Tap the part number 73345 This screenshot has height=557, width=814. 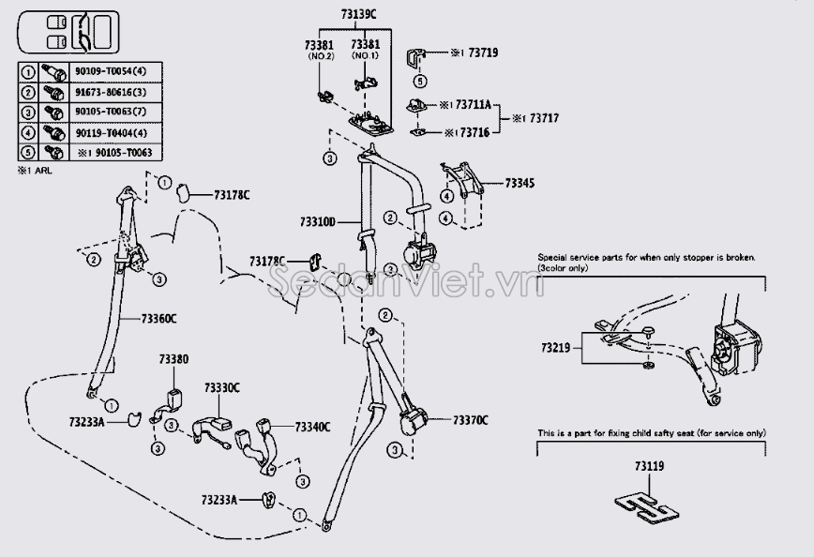pyautogui.click(x=519, y=183)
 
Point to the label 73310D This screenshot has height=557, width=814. pyautogui.click(x=319, y=222)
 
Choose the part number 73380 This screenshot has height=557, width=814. pyautogui.click(x=173, y=359)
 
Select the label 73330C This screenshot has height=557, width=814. pyautogui.click(x=222, y=387)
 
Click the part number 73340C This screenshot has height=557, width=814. pyautogui.click(x=312, y=427)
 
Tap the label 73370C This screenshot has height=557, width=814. pyautogui.click(x=470, y=420)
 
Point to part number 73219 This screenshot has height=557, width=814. pyautogui.click(x=555, y=348)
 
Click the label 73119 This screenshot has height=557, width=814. pyautogui.click(x=649, y=466)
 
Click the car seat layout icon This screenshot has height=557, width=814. pyautogui.click(x=68, y=34)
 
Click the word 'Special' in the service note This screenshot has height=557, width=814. pyautogui.click(x=554, y=256)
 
